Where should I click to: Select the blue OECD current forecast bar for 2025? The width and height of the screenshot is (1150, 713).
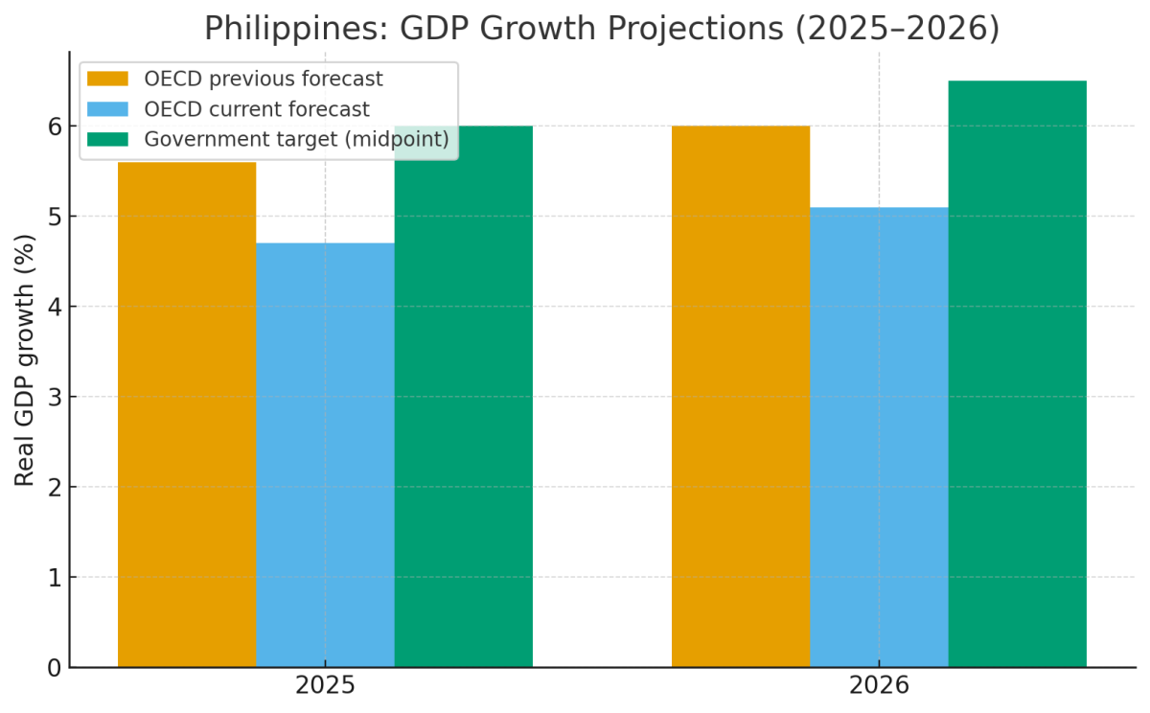325,455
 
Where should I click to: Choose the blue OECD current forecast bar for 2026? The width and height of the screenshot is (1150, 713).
879,437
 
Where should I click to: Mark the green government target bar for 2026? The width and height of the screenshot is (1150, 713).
1017,374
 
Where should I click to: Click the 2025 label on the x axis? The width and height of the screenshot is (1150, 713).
325,686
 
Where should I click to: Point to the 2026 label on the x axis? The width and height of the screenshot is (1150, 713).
879,686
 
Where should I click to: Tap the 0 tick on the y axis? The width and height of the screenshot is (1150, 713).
54,668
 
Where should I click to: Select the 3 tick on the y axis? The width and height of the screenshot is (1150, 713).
54,397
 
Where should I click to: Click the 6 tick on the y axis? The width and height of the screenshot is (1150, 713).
54,126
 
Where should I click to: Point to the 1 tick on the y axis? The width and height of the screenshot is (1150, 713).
54,578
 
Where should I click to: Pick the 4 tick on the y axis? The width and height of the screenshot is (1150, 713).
54,307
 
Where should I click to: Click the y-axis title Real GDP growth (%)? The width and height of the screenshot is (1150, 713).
25,360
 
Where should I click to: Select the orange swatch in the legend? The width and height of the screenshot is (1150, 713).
107,79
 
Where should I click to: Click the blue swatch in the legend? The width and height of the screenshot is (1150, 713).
107,109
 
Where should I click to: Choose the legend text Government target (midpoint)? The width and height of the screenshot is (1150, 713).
296,139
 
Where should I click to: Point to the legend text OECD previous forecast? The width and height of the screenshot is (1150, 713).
264,79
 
